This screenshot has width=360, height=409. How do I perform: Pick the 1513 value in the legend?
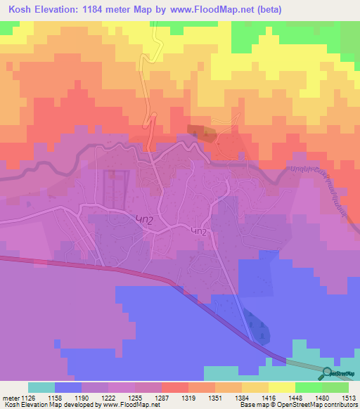pyautogui.click(x=349, y=396)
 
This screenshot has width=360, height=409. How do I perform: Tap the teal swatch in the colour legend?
pyautogui.click(x=41, y=387)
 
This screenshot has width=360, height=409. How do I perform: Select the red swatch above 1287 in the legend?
pyautogui.click(x=174, y=387)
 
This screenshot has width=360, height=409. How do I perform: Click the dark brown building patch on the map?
pyautogui.click(x=201, y=132)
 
